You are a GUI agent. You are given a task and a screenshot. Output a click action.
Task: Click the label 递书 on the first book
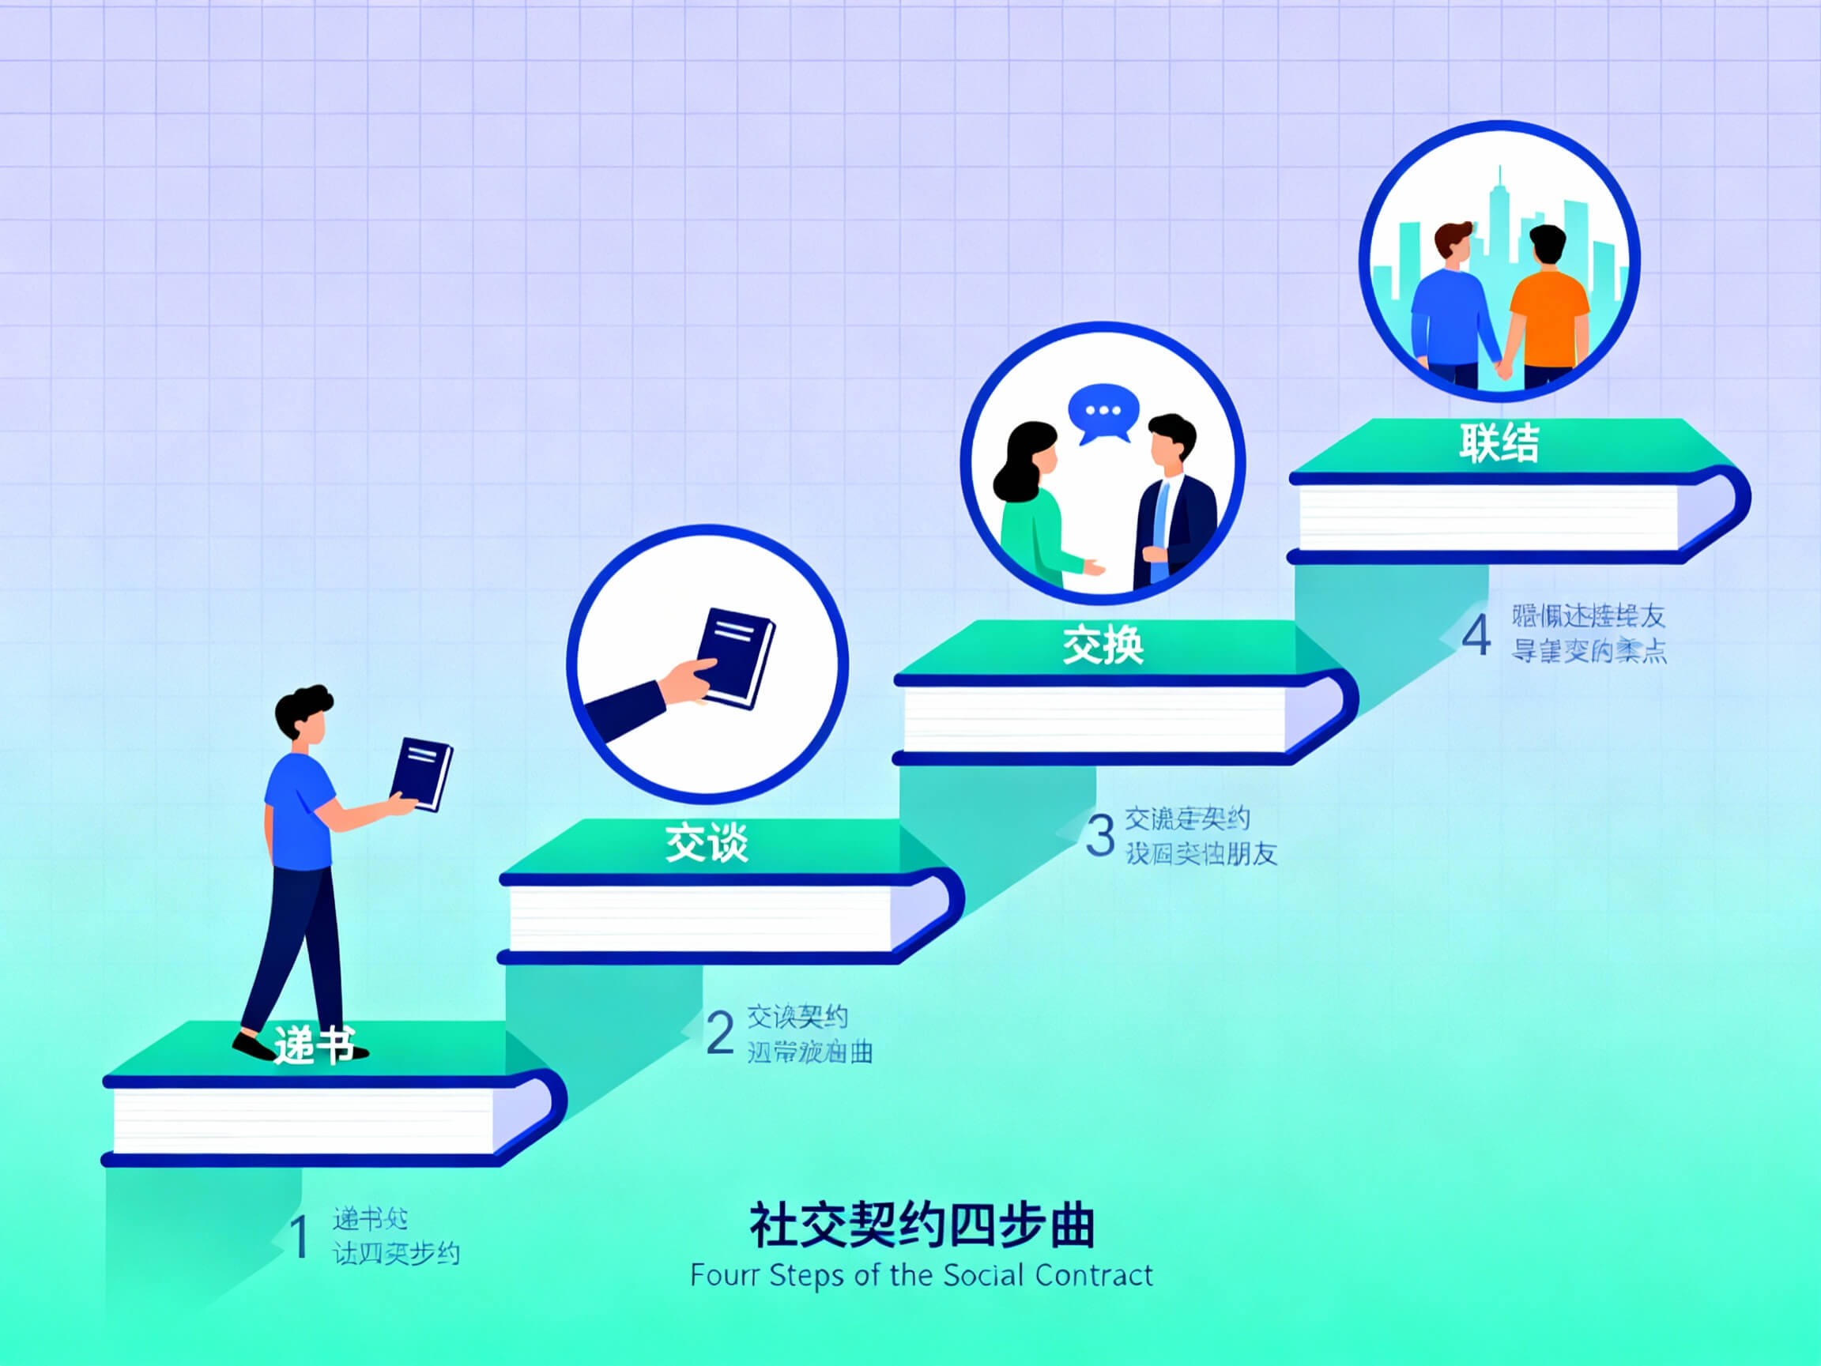(x=315, y=1045)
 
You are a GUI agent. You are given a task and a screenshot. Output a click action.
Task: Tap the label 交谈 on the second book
(x=707, y=844)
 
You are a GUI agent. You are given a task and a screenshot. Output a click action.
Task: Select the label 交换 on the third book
(x=1103, y=645)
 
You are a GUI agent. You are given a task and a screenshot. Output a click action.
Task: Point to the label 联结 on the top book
(x=1499, y=442)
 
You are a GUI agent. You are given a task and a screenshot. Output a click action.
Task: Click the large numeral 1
(x=300, y=1236)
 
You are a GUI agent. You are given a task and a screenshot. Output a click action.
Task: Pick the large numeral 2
(x=719, y=1033)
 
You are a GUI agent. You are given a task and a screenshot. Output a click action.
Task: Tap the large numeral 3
(x=1100, y=835)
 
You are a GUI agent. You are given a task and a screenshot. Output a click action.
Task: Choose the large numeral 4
(x=1476, y=635)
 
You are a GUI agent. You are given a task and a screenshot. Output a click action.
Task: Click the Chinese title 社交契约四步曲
(x=922, y=1225)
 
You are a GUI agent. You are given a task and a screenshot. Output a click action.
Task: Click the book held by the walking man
(x=421, y=773)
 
